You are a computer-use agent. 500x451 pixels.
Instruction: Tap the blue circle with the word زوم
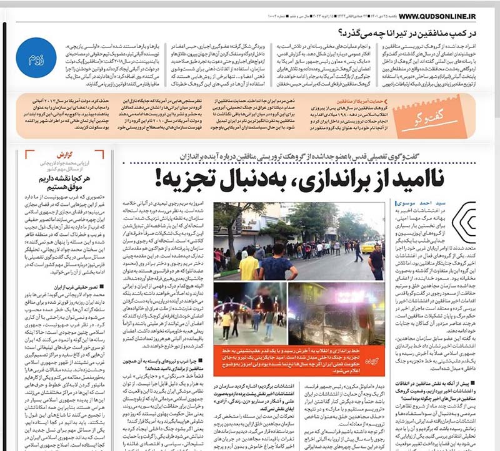[x=36, y=58]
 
